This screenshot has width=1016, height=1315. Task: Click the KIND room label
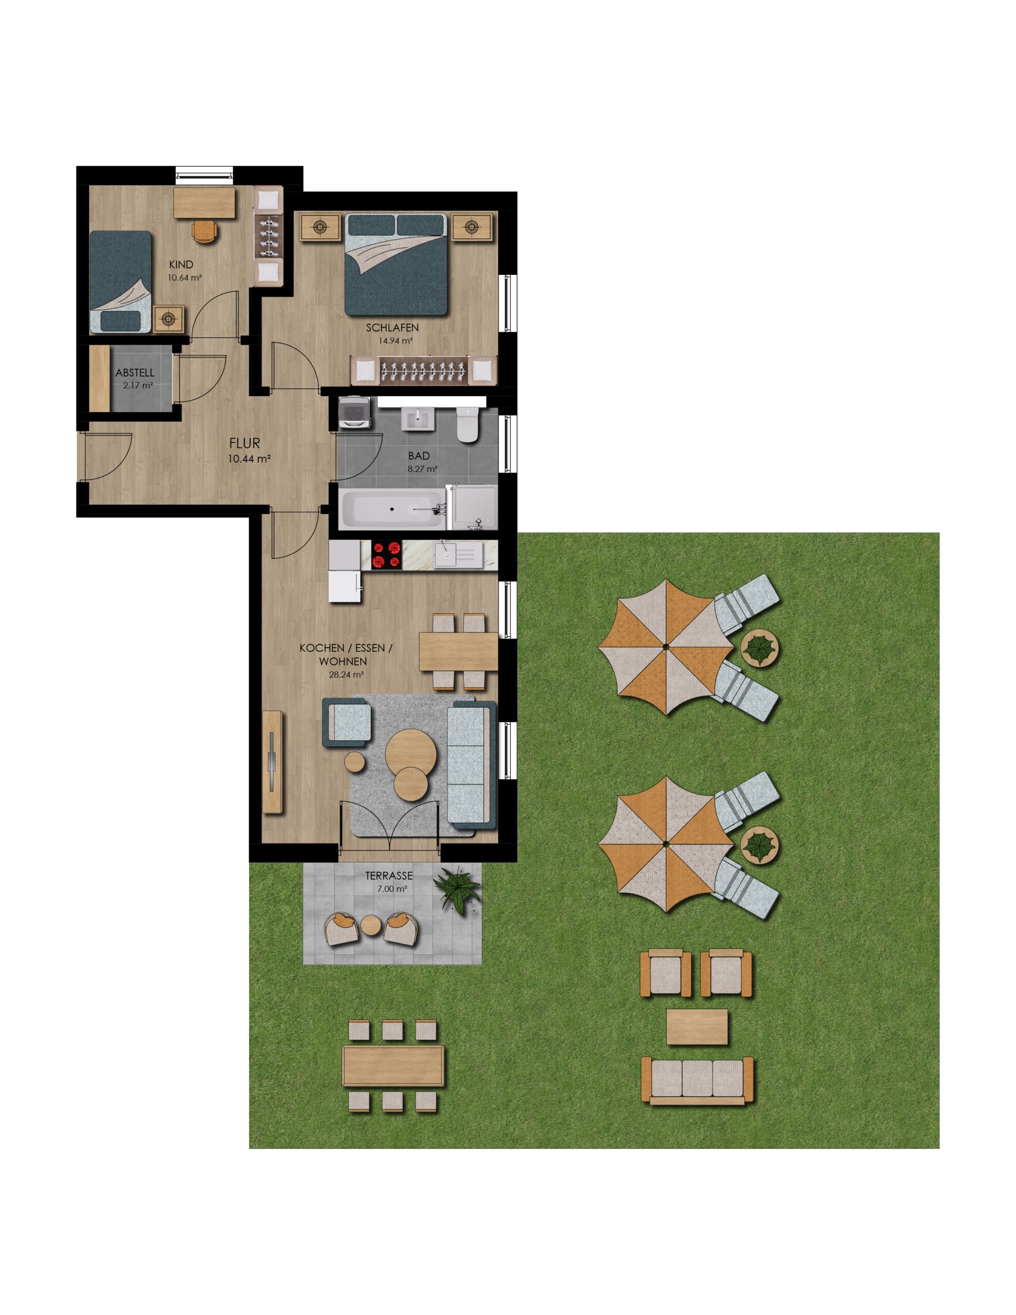[181, 265]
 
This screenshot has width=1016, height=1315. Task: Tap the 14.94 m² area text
[395, 340]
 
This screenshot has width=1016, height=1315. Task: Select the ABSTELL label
[135, 373]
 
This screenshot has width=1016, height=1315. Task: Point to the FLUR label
[244, 443]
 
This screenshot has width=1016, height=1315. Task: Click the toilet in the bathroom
[467, 424]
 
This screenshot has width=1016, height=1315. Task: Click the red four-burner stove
[386, 555]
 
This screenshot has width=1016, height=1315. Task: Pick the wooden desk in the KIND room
[204, 202]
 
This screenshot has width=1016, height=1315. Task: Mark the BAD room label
[419, 456]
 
